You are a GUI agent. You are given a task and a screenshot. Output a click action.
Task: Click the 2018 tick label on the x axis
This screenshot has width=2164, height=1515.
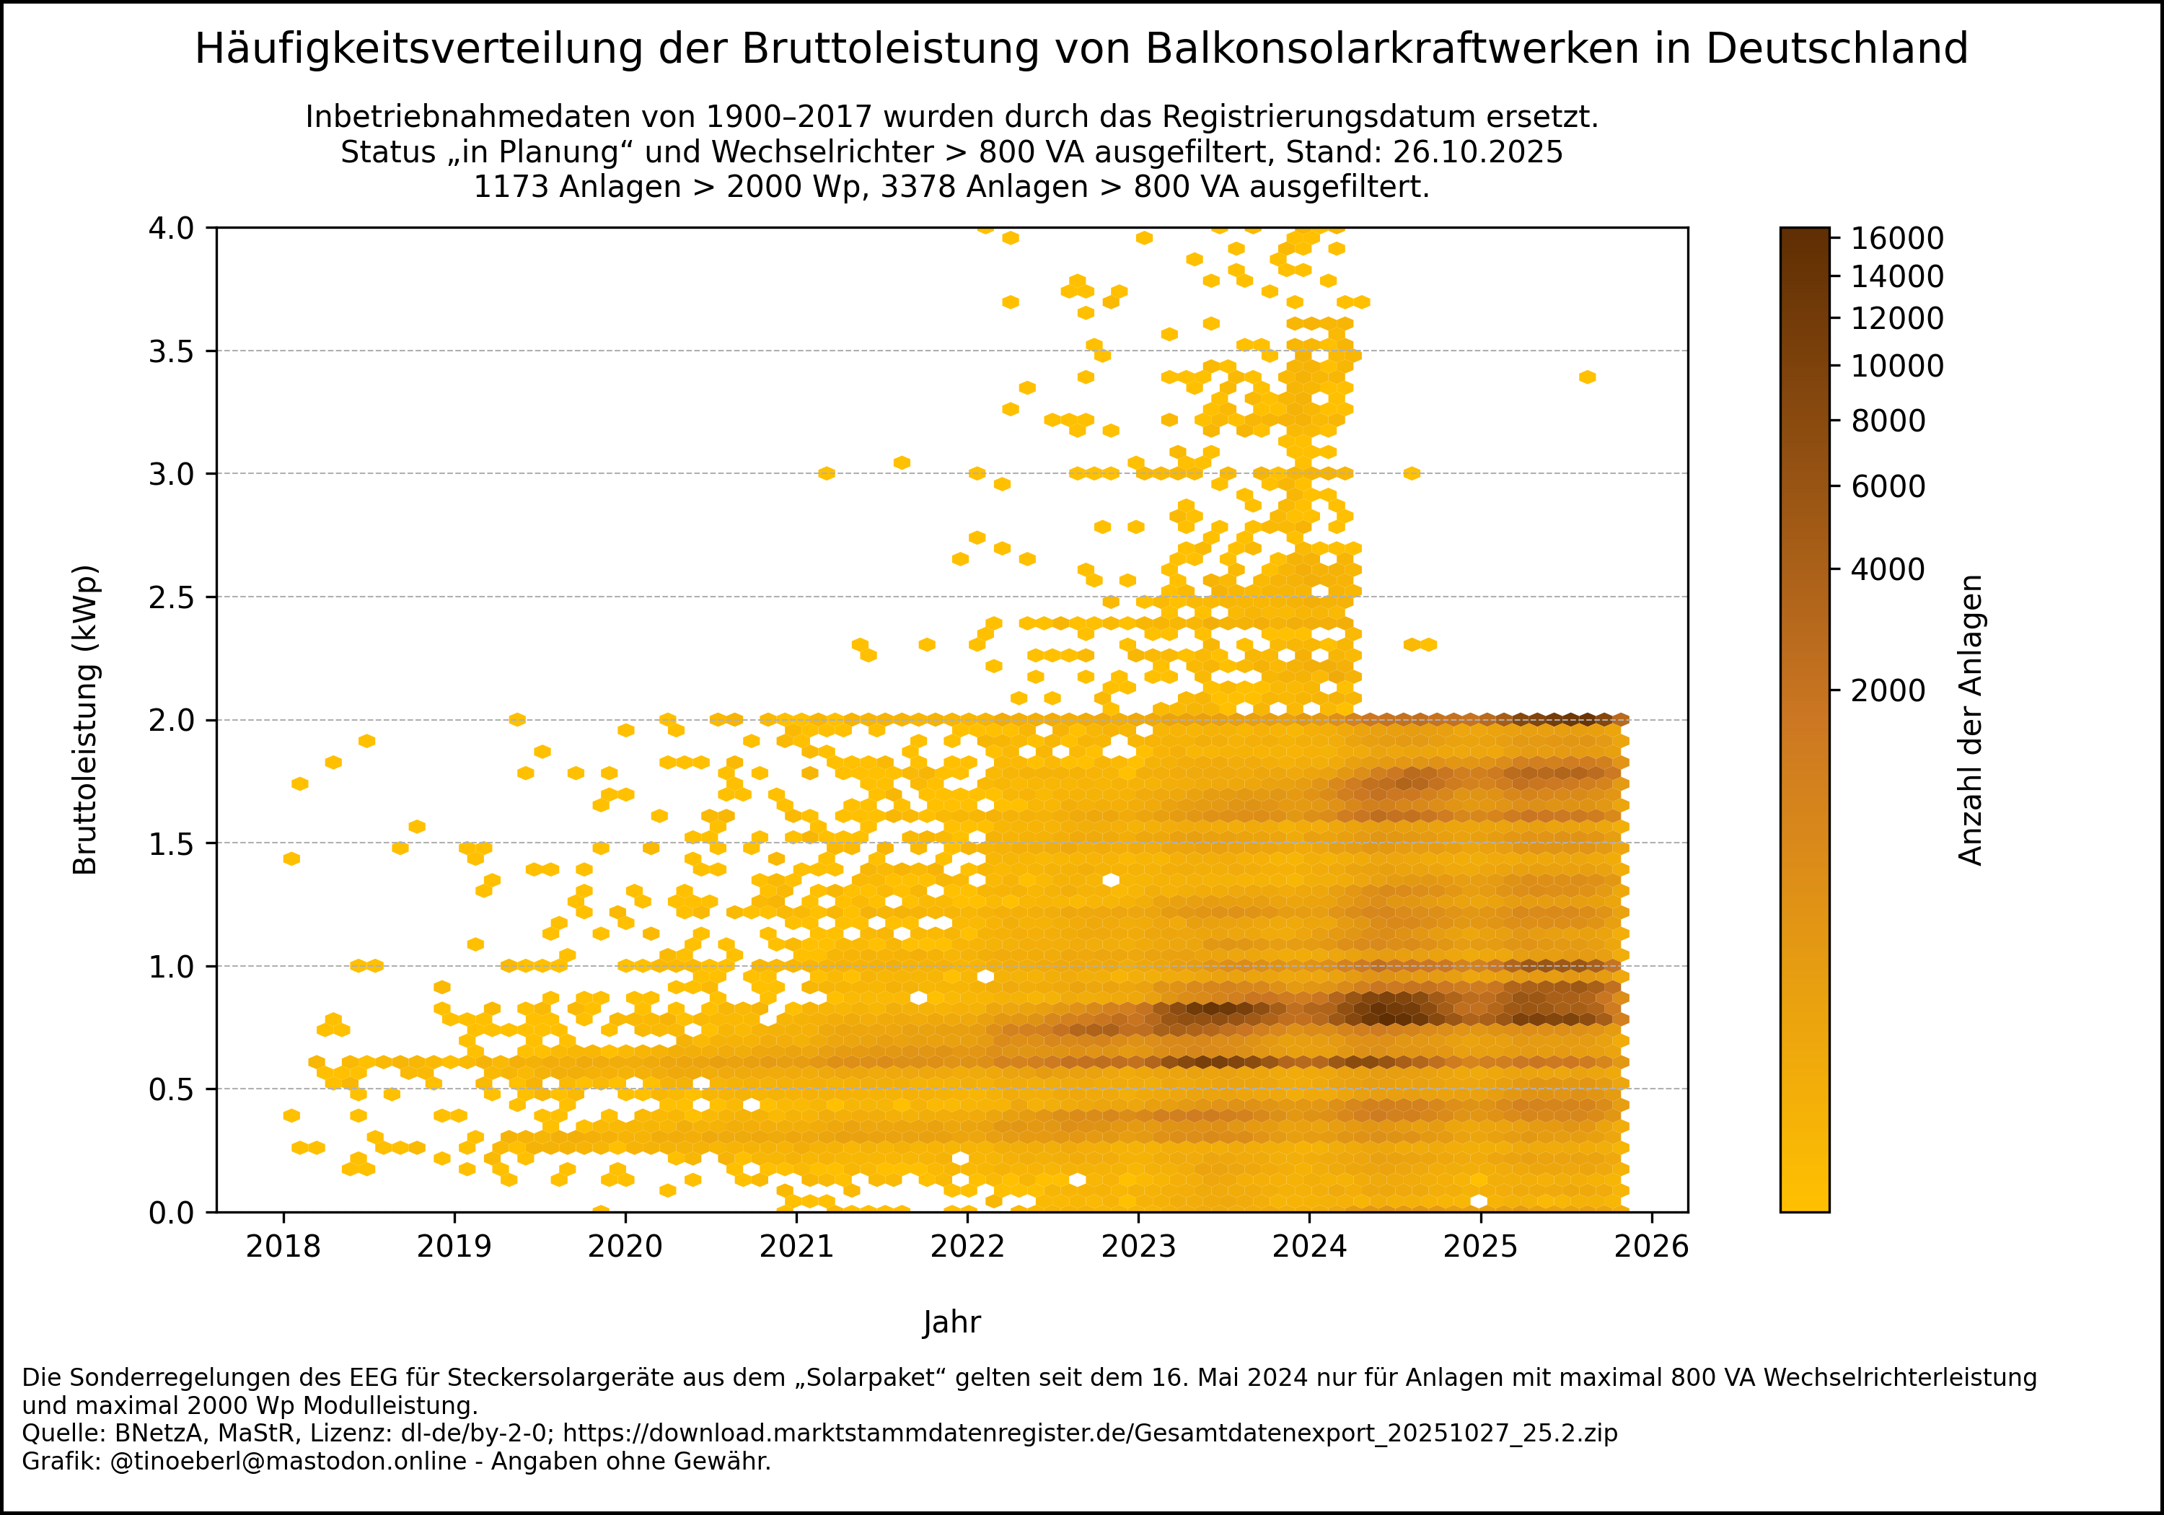[x=283, y=1247]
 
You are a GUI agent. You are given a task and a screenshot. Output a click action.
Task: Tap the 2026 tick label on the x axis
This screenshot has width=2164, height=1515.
[x=1651, y=1247]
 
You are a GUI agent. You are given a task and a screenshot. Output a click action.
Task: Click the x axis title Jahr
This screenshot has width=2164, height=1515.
[x=952, y=1322]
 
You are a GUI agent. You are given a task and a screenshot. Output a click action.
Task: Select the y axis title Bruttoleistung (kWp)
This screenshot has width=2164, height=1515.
[x=86, y=720]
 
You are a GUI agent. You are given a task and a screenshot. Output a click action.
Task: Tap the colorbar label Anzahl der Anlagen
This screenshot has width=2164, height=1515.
[x=1970, y=720]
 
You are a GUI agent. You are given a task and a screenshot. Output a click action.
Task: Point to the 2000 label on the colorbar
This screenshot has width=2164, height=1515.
[x=1888, y=691]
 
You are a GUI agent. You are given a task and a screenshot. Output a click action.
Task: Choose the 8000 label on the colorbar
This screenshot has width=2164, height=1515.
[x=1888, y=421]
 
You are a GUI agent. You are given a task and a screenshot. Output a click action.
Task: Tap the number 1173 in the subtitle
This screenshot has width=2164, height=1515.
[x=511, y=188]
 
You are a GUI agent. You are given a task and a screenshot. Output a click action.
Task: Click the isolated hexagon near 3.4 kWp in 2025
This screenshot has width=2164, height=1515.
[x=1587, y=377]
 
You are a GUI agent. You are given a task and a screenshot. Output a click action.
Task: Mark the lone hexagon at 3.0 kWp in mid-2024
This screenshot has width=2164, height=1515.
[x=1411, y=473]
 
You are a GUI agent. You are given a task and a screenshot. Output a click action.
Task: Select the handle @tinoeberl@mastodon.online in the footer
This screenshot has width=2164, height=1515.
[x=289, y=1462]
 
